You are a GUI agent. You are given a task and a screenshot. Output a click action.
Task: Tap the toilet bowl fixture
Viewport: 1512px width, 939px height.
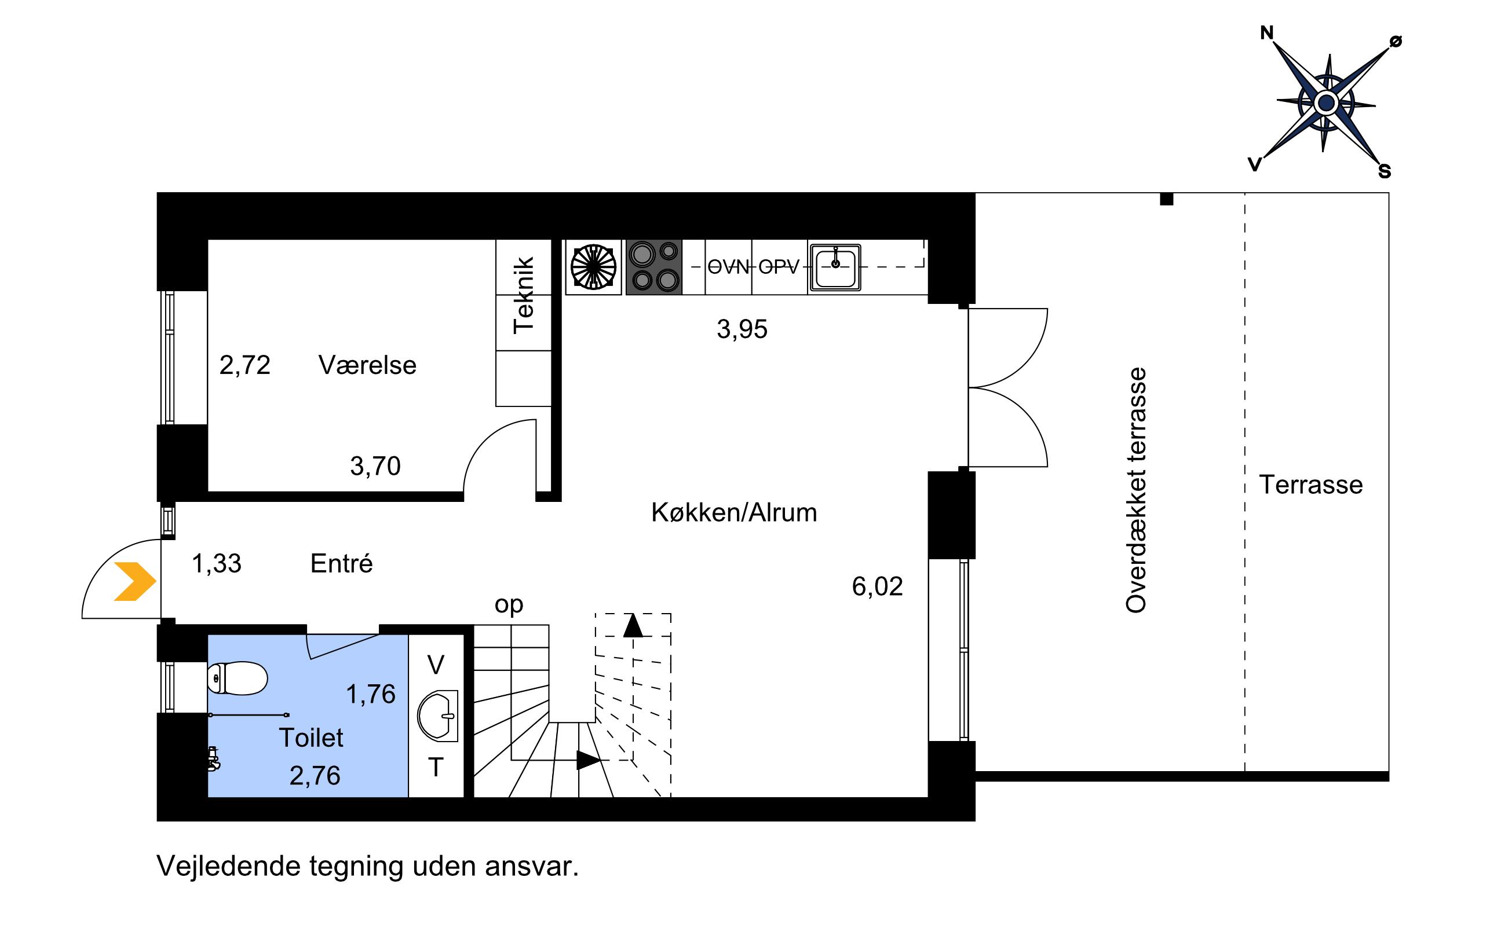click(x=237, y=677)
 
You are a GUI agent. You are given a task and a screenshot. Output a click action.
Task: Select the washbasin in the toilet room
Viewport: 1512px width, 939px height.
click(x=438, y=716)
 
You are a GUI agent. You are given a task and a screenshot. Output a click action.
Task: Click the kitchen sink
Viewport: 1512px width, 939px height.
click(x=835, y=267)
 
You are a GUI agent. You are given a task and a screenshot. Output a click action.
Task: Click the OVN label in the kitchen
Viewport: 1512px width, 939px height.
click(x=728, y=267)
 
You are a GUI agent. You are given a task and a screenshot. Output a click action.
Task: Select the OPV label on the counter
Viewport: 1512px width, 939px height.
click(x=779, y=267)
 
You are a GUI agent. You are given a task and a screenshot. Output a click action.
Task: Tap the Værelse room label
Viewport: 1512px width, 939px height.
click(x=367, y=365)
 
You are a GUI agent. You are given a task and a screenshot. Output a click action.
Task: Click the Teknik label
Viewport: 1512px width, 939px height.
click(x=524, y=295)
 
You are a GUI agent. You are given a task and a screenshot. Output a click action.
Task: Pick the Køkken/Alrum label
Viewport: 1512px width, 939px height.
click(x=734, y=512)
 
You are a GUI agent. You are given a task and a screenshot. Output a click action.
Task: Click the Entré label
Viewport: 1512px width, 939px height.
click(x=341, y=563)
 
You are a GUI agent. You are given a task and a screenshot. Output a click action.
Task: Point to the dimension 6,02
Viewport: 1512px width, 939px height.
click(x=877, y=586)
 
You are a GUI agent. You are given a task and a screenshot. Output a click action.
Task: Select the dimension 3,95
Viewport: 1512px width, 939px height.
click(x=742, y=329)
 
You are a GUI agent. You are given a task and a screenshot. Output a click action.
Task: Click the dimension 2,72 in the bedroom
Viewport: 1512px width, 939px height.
click(x=245, y=365)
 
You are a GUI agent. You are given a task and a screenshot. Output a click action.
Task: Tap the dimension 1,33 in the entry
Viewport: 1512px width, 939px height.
click(x=216, y=563)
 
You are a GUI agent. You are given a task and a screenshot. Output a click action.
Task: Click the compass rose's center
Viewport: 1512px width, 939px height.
click(x=1326, y=102)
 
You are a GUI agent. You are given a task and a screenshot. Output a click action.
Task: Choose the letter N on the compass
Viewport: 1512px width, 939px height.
click(x=1266, y=33)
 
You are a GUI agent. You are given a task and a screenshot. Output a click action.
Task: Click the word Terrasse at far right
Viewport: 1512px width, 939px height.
click(x=1310, y=485)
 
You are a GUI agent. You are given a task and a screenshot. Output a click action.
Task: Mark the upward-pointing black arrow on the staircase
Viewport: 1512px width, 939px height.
click(x=633, y=625)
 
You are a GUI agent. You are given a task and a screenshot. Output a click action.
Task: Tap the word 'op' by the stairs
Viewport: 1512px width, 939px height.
click(x=509, y=605)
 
